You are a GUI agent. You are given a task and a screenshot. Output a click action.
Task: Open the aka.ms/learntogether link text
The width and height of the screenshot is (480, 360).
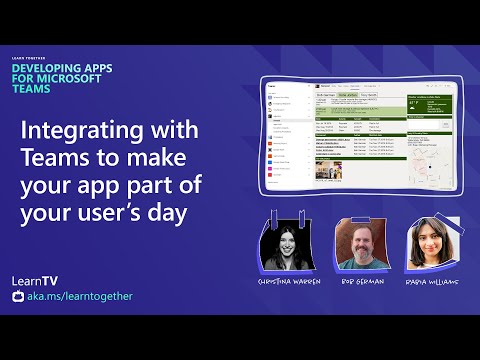(x=79, y=296)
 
